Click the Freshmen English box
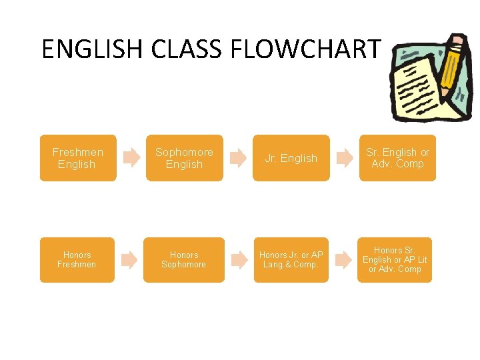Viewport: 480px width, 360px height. click(78, 158)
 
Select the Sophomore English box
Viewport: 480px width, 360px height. click(185, 158)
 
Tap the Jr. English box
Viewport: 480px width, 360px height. click(291, 158)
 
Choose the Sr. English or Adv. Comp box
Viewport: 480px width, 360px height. click(397, 158)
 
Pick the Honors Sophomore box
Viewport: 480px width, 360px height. click(184, 260)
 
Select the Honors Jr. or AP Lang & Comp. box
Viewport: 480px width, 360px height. click(291, 260)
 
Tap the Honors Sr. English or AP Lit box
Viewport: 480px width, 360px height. click(395, 260)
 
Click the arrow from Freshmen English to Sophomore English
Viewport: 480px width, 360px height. click(131, 158)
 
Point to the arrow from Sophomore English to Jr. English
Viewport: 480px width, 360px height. click(237, 158)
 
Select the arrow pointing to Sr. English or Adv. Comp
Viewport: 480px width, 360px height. click(344, 158)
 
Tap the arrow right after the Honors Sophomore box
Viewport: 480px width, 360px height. click(237, 260)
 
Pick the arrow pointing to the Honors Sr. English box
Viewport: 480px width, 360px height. click(342, 260)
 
